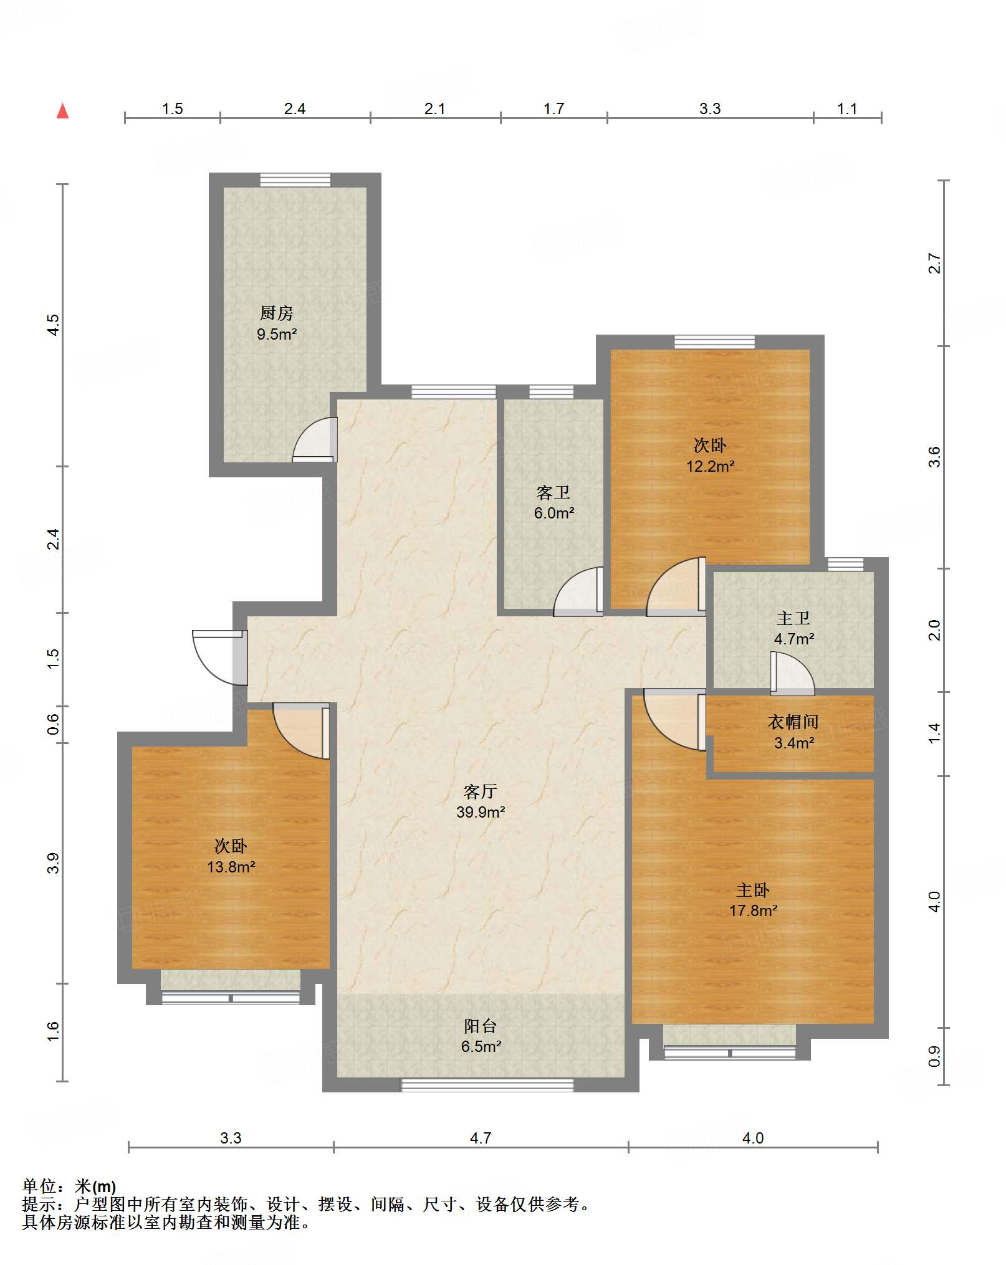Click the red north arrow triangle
(x=62, y=111)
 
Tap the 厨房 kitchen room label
(x=276, y=313)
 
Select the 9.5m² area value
(x=277, y=334)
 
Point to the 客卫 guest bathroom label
(x=553, y=493)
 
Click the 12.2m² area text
(x=710, y=466)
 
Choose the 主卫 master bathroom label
(x=793, y=618)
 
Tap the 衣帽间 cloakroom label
(x=793, y=722)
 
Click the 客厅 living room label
(x=480, y=791)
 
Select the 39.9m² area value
(x=481, y=812)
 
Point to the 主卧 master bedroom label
(x=753, y=890)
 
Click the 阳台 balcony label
(x=481, y=1026)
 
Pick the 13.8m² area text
(x=231, y=867)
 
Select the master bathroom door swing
(x=793, y=674)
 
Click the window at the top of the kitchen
(x=295, y=179)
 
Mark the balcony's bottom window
(x=487, y=1085)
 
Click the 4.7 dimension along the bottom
(x=481, y=1138)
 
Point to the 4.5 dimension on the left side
(x=54, y=325)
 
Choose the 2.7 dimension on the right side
(x=934, y=263)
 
